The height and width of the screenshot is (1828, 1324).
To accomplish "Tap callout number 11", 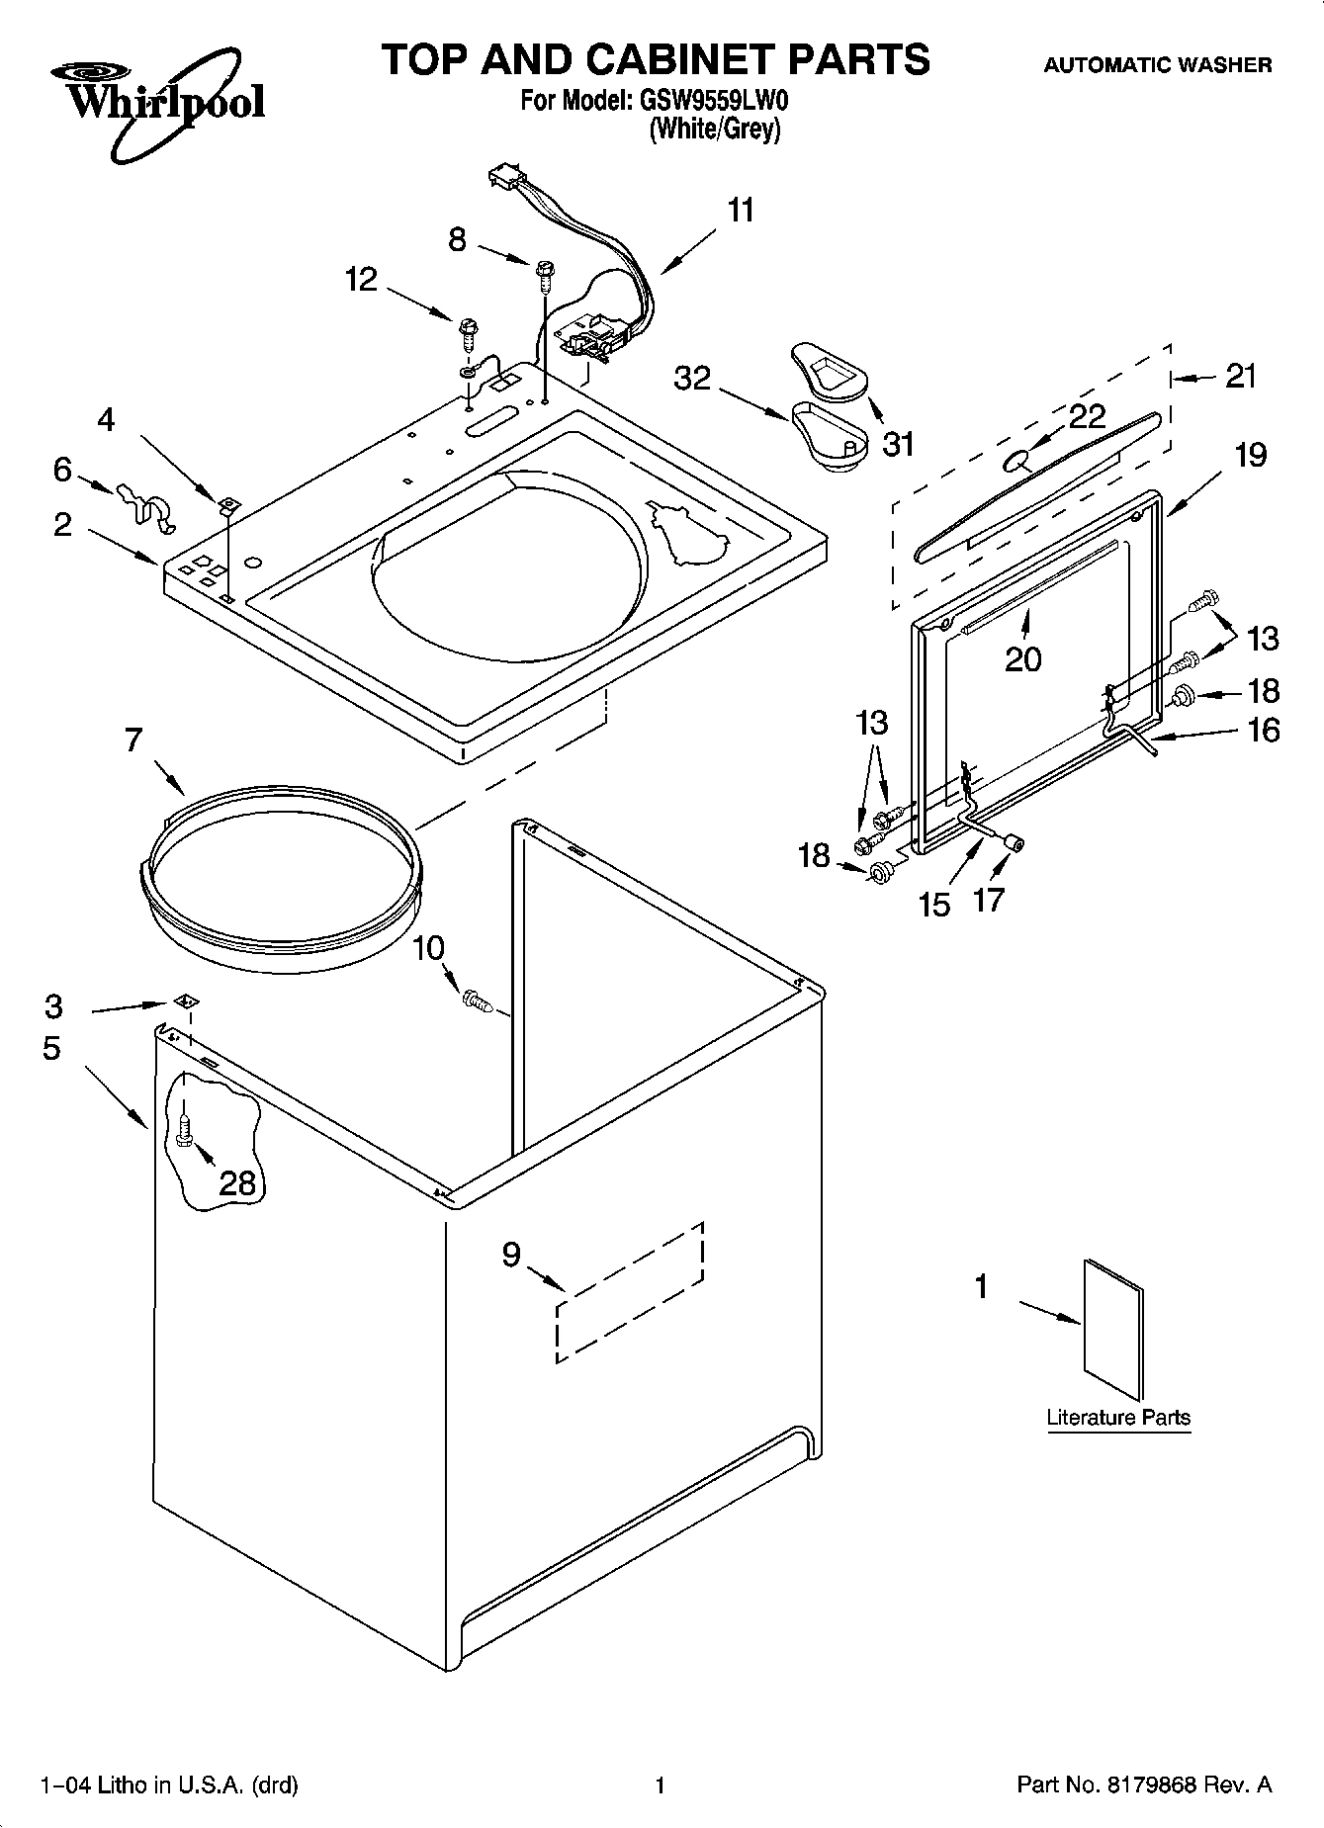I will (741, 211).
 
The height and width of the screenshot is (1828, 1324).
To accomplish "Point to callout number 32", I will (692, 378).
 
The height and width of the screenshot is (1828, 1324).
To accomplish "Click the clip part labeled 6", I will (142, 504).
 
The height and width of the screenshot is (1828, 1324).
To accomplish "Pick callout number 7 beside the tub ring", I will (133, 740).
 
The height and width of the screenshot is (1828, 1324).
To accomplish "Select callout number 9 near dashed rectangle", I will (511, 1255).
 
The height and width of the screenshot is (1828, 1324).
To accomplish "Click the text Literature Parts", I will (1118, 1418).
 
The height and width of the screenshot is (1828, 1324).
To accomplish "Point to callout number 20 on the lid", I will (1022, 658).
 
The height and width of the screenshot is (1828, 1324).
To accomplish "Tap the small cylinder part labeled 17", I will (1013, 842).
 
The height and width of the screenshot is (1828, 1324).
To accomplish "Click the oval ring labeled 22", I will (1015, 460).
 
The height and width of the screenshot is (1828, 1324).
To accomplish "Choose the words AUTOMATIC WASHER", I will (1158, 65).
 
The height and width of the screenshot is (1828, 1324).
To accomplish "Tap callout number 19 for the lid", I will (1250, 455).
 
